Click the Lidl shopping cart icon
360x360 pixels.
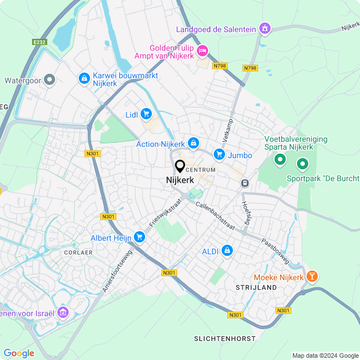click(146, 114)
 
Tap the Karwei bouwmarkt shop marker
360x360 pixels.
click(84, 79)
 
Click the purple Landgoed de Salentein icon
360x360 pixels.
click(265, 29)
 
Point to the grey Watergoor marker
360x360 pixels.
click(49, 80)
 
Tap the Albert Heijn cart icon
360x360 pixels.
click(139, 238)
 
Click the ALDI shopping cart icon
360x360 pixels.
click(227, 250)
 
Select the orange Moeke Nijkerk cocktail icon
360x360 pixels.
click(313, 277)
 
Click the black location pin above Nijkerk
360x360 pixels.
click(180, 166)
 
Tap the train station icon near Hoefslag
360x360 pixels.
click(245, 183)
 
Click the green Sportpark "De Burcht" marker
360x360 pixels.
click(303, 164)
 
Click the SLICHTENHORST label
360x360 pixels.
click(224, 339)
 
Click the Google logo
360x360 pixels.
click(19, 353)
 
